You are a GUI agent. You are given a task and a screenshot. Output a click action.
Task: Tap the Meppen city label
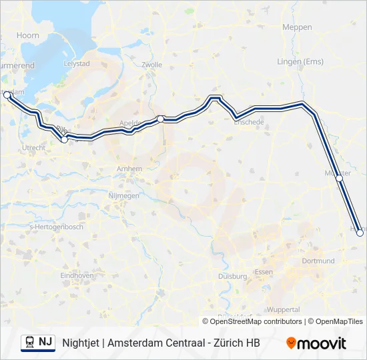297,27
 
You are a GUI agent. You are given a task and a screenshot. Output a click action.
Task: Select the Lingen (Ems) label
300,62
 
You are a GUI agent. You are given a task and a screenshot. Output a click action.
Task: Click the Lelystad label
75,63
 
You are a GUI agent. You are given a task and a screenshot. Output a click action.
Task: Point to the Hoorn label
28,35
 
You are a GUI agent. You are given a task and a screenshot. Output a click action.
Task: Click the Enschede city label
249,123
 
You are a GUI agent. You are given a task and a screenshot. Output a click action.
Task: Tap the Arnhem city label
129,169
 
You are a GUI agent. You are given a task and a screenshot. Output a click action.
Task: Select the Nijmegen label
123,196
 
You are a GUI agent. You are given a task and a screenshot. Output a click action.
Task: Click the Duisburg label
232,275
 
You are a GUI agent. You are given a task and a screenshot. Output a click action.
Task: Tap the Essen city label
264,272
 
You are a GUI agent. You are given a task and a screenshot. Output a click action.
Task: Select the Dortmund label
318,261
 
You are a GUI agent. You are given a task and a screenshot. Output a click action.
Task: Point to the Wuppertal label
283,309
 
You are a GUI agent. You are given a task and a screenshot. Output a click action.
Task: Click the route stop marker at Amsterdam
7,95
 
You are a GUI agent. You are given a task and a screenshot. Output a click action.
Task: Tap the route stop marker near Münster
339,179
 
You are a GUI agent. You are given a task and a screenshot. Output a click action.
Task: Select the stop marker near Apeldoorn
160,119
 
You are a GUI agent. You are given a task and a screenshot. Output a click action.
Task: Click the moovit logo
316,343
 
